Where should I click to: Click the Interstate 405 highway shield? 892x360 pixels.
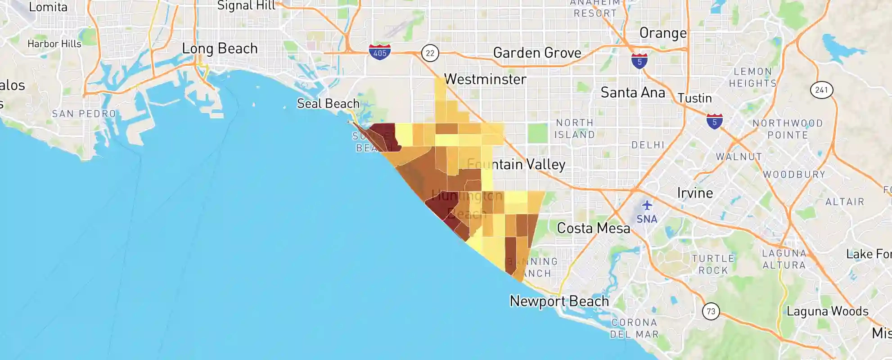[379, 52]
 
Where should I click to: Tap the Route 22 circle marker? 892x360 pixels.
[430, 53]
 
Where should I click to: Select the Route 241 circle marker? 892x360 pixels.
[821, 90]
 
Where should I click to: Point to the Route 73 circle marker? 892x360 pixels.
[711, 311]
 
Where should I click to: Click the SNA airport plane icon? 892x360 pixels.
[647, 206]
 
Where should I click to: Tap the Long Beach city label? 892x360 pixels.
[220, 49]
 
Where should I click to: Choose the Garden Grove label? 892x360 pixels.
[537, 53]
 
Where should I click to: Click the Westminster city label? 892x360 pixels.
[485, 79]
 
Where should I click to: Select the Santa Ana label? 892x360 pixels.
[632, 93]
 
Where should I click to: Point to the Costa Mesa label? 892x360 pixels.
[593, 228]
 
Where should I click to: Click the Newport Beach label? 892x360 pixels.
[559, 301]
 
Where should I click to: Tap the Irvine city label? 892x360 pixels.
[695, 193]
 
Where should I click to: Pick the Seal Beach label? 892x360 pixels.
[328, 103]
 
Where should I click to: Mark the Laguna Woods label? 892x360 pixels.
[827, 311]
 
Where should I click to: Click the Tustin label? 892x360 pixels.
[694, 98]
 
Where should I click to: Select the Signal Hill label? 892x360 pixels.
[246, 5]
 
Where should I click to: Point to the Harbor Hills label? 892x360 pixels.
[54, 44]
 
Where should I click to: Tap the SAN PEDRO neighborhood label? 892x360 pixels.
[84, 114]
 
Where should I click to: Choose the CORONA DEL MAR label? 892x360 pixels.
[634, 328]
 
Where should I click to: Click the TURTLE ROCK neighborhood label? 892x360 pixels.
[713, 264]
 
